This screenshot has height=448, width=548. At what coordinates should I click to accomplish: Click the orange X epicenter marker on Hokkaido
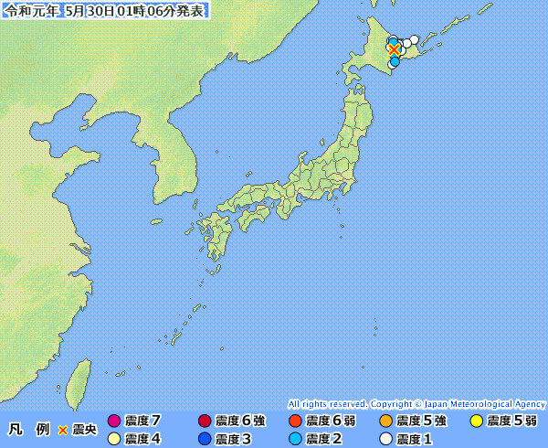point(394,49)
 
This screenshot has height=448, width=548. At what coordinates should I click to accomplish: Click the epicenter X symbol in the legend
point(63,429)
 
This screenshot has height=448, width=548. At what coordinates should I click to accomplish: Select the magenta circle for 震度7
point(114,421)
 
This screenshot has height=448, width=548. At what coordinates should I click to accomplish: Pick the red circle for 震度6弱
point(295,421)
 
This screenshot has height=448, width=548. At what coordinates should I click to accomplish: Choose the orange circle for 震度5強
point(385,421)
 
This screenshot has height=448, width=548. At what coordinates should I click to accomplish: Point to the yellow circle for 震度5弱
point(476,421)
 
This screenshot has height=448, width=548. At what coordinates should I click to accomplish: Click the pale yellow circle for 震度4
point(114,439)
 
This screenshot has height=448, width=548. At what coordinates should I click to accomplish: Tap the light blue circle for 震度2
point(295,439)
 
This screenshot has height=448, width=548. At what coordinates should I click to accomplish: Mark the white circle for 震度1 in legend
point(385,439)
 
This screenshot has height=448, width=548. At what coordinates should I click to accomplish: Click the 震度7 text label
point(142,421)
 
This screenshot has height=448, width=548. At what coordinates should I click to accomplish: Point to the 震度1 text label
point(414,439)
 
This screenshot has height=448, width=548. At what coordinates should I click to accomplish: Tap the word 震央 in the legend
point(84,429)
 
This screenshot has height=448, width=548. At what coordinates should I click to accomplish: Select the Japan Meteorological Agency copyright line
point(416,403)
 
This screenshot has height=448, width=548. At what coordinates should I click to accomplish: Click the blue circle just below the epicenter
point(394,63)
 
